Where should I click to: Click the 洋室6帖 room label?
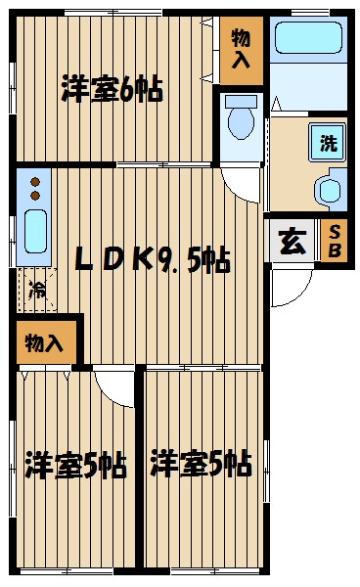click(x=112, y=90)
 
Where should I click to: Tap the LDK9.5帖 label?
click(x=154, y=260)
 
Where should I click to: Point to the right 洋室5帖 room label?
click(x=202, y=463)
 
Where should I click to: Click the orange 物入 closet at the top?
click(x=241, y=51)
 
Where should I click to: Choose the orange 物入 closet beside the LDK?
click(x=44, y=343)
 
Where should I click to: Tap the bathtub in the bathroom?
click(x=306, y=38)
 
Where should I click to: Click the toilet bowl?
click(x=240, y=120)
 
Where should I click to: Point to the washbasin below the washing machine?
click(x=331, y=188)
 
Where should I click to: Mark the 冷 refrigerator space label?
click(x=36, y=290)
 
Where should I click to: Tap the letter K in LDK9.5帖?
click(x=142, y=260)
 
